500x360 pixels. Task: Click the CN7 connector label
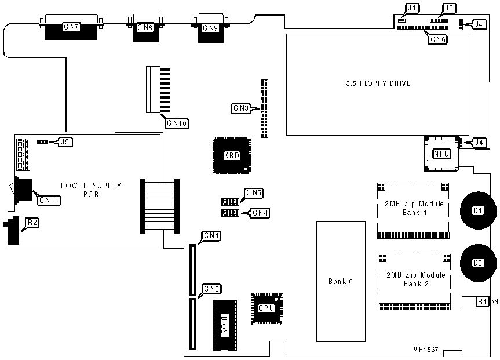tap(72, 27)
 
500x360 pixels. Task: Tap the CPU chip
tap(267, 308)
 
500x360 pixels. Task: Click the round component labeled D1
tap(478, 210)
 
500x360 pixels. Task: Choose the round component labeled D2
tap(478, 263)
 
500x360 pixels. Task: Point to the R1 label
tap(483, 301)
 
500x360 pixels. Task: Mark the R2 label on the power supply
tap(33, 222)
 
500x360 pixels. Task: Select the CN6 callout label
tap(437, 39)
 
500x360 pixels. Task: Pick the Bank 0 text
tap(341, 282)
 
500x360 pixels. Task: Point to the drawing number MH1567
tap(426, 350)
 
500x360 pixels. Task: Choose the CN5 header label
tap(254, 192)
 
